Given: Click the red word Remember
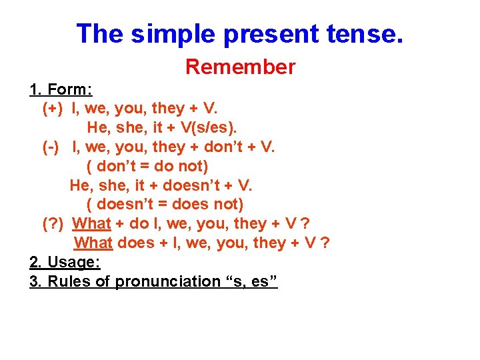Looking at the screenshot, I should coord(240,67).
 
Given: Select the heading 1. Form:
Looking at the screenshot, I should coord(61,89).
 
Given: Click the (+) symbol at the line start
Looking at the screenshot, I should coord(53,108).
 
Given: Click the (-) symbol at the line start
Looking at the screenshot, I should coord(51,146).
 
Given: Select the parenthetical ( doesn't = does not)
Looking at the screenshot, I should coord(165,204).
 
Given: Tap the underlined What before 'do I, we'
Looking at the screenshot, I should coord(91,223).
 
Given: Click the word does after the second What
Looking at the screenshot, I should coord(135,243).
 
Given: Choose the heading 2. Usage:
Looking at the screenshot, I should coord(65,262).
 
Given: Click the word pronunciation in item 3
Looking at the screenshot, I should coord(167,281).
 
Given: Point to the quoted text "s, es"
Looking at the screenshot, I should coord(251,281).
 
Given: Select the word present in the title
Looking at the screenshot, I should coord(263,33).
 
